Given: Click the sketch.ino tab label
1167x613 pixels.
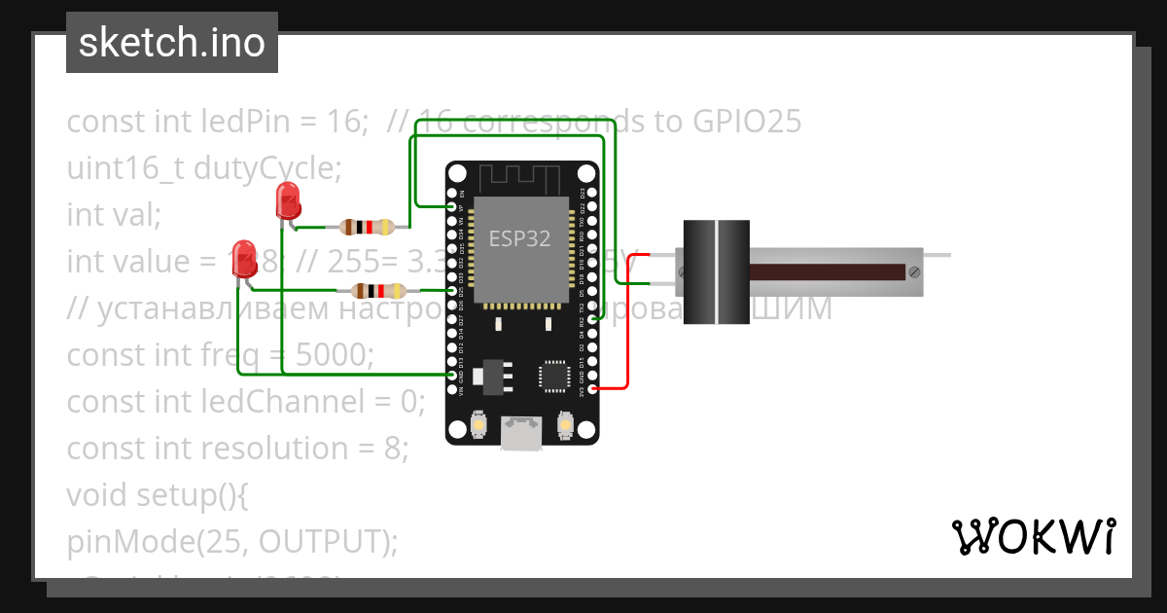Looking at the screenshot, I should tap(171, 43).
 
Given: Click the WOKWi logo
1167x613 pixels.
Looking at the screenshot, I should tap(1032, 536).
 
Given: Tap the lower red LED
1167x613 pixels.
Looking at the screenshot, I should tap(243, 259).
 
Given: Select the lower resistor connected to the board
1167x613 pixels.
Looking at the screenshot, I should tap(377, 290).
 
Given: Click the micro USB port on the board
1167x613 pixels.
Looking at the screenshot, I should tap(521, 433).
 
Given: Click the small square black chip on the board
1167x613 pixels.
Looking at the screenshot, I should tap(554, 376).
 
